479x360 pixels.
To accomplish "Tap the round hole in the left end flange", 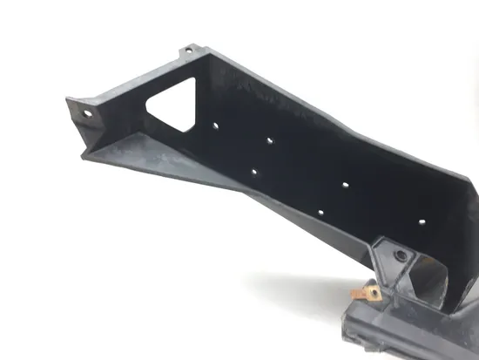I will point(87,112).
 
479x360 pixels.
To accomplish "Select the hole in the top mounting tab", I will point(186,51).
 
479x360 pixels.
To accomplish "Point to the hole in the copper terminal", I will point(374,294).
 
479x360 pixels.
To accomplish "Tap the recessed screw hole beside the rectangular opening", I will point(401,255).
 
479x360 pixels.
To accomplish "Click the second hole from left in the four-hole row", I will point(271,139).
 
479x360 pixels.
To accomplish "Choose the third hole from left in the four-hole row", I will point(346,186).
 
